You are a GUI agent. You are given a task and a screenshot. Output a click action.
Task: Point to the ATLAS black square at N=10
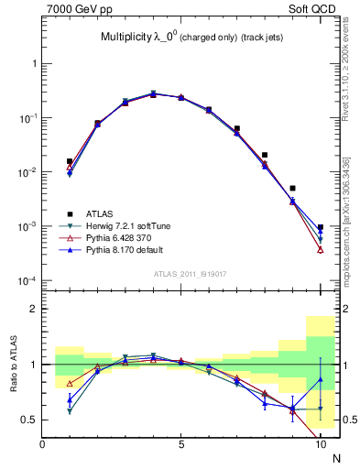(320, 227)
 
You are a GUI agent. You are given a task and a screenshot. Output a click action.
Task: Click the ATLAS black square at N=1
(70, 161)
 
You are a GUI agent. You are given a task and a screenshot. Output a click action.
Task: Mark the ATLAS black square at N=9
(292, 189)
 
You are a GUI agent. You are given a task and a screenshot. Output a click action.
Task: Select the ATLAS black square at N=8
(265, 155)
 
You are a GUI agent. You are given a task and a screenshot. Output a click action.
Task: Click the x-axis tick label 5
(181, 445)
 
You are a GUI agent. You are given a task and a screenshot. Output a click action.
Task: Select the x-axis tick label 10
(320, 445)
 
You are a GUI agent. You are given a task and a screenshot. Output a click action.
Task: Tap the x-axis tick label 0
(42, 445)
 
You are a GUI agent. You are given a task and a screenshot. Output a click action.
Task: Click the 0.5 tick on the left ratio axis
(27, 420)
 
